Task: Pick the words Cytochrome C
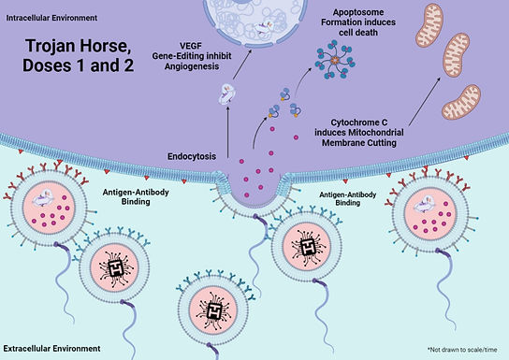[359, 120]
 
